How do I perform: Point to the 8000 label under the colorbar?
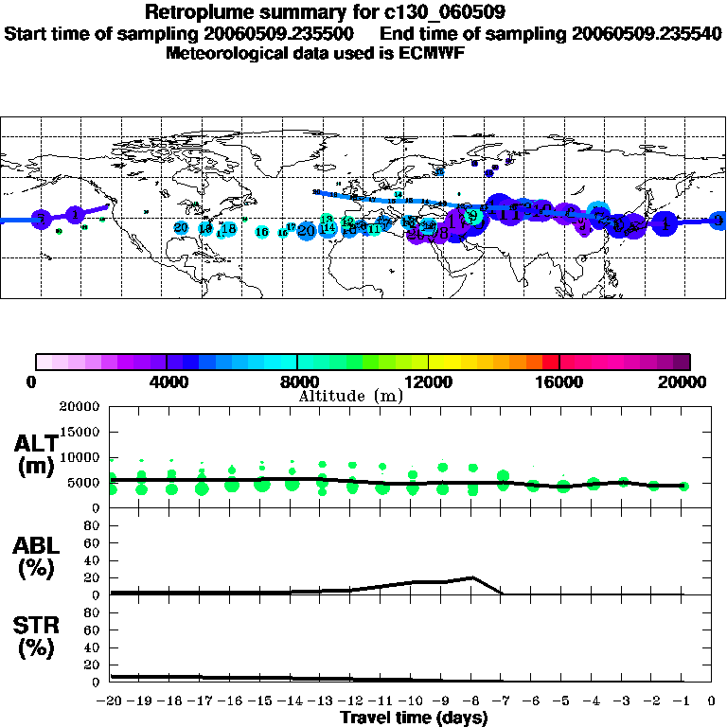[x=297, y=382]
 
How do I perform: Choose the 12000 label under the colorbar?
[x=428, y=382]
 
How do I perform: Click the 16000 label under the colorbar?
[x=559, y=382]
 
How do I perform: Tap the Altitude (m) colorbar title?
[x=351, y=396]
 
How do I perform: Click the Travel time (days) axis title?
[x=414, y=718]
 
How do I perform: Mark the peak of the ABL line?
[x=472, y=576]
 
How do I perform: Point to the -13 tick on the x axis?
[x=322, y=701]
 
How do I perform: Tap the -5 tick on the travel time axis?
[x=562, y=701]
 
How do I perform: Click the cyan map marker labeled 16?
[x=262, y=232]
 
